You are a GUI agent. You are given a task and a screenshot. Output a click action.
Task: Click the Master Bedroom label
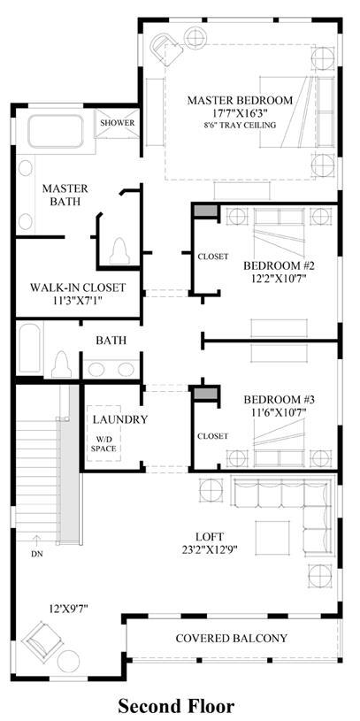pos(240,100)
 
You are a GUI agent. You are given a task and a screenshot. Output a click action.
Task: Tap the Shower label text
pos(118,123)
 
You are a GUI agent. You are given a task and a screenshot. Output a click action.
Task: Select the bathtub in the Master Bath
pos(56,132)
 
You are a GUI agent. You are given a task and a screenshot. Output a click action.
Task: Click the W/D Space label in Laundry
pos(103,444)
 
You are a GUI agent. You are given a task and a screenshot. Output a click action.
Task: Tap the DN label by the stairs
pos(37,554)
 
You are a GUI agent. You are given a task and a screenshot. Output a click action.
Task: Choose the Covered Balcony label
pos(231,638)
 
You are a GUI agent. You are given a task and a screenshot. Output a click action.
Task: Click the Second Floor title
pos(177,705)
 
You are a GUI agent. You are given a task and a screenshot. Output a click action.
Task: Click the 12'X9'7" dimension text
pos(68,609)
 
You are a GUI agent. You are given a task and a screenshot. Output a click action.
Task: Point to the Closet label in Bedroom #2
pos(213,257)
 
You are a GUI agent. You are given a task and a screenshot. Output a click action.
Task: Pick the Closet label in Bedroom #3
pos(213,435)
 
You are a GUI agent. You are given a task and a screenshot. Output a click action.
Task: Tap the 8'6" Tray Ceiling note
pos(240,125)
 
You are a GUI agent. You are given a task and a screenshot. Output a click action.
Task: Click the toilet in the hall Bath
pos(61,364)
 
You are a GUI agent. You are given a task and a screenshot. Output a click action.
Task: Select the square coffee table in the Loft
pos(272,538)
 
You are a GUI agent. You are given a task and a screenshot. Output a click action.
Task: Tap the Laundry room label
pos(120,419)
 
